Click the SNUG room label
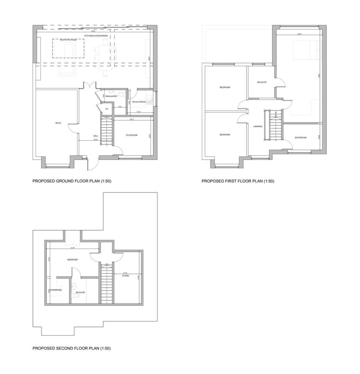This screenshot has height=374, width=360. [x=58, y=123]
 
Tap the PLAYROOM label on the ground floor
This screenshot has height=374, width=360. [x=131, y=135]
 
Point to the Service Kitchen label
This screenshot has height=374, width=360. [x=139, y=102]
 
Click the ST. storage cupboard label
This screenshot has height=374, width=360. [x=107, y=109]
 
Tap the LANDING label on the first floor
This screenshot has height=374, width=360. [x=258, y=126]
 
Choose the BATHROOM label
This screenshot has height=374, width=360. [x=301, y=138]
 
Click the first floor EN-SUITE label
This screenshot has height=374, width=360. [x=261, y=82]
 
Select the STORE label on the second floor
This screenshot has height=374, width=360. [x=126, y=276]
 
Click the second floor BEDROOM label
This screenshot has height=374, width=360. [x=72, y=260]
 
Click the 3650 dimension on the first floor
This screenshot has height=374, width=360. [x=299, y=34]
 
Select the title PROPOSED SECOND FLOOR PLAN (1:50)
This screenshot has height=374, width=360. [x=72, y=348]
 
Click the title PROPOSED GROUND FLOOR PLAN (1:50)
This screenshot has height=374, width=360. [x=72, y=181]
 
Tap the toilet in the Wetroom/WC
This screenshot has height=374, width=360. [x=123, y=95]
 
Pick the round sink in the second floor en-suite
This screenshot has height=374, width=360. [x=73, y=285]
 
